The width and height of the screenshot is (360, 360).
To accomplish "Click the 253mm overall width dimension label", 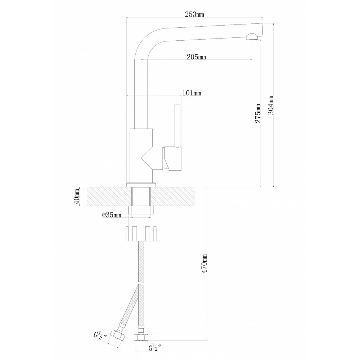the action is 194,15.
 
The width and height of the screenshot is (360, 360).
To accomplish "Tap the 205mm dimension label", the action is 196,57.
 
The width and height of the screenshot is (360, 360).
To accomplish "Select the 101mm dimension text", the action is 192,93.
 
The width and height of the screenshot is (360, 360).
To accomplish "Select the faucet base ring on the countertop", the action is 141,185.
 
